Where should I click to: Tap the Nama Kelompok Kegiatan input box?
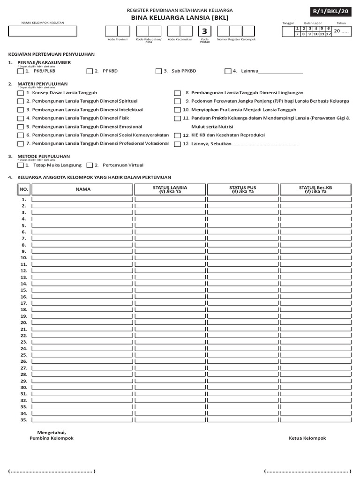(42, 31)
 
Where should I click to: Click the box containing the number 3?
(205, 31)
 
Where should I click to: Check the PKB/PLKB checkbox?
(20, 71)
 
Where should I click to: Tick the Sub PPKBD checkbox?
(158, 71)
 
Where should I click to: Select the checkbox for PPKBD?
(89, 71)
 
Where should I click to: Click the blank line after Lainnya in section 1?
(281, 72)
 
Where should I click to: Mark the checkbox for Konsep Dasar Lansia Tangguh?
(20, 93)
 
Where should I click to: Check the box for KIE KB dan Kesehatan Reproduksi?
(177, 135)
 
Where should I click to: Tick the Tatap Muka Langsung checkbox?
(20, 165)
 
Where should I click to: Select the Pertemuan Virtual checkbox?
(90, 165)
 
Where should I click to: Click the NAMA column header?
(82, 189)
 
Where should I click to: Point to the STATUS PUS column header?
(242, 189)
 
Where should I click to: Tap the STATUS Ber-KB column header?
(315, 189)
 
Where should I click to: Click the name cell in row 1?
(82, 199)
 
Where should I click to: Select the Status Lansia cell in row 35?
(170, 420)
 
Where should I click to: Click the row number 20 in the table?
(23, 322)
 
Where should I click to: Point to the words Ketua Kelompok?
(307, 438)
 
